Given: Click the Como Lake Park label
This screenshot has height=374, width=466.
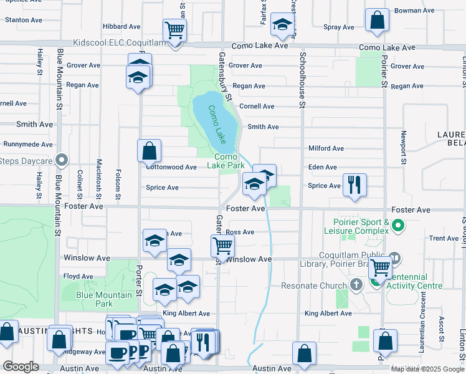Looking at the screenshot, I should (229, 161).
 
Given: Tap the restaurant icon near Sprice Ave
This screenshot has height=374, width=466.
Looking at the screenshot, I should (355, 185).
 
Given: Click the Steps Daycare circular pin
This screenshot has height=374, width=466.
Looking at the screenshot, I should (61, 161).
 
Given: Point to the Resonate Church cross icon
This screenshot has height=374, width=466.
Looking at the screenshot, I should (356, 285).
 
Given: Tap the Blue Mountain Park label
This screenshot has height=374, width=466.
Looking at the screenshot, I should (104, 299).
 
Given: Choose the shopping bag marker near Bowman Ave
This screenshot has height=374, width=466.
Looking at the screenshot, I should (377, 20).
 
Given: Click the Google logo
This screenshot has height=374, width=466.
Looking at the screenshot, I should (21, 367).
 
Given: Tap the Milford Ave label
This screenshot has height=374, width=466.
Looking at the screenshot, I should (326, 148).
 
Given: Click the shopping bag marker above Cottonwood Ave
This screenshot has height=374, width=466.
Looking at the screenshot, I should (150, 150).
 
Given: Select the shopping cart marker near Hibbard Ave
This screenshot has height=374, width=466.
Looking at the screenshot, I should (174, 29).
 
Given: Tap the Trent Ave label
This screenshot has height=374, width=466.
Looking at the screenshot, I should (444, 239).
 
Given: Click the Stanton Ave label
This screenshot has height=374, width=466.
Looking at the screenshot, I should (23, 20).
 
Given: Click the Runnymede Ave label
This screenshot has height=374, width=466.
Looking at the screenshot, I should (28, 144).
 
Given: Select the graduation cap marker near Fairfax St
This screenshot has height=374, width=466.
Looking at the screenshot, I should (283, 26).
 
